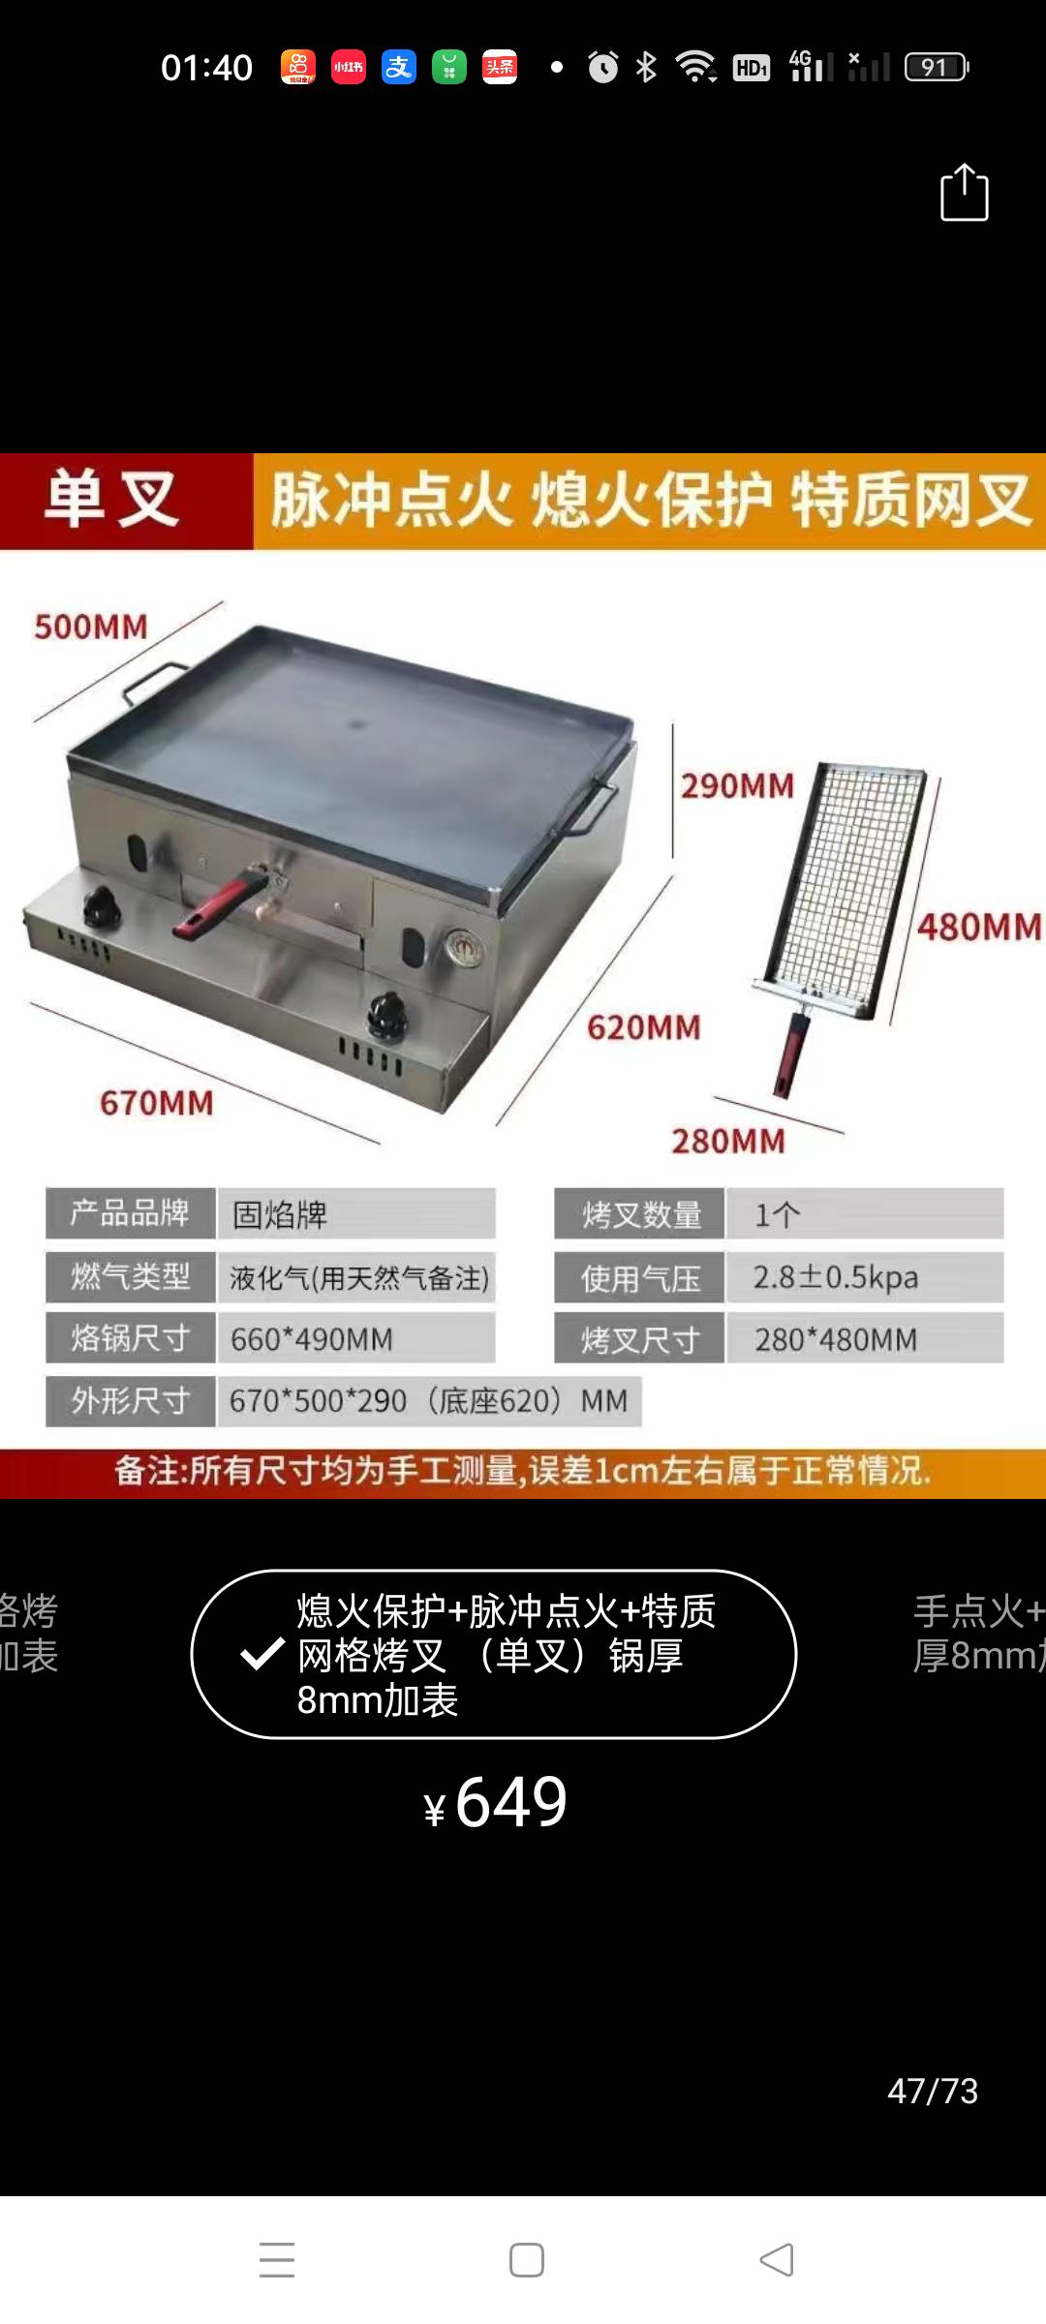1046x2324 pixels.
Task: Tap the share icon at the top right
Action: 965,193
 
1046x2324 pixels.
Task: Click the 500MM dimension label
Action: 91,627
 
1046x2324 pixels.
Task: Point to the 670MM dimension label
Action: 157,1102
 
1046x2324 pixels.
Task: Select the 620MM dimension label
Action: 644,1027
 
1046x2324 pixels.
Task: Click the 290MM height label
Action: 737,785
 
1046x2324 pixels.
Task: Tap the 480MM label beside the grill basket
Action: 979,927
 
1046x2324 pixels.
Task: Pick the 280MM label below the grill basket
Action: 728,1141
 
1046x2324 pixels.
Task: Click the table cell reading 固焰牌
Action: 356,1213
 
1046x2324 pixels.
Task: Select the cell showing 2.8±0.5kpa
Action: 865,1276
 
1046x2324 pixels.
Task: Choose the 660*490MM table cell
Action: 356,1338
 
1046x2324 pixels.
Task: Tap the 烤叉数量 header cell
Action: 639,1213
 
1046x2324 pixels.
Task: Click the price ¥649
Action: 496,1803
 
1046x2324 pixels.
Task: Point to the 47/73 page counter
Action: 933,2091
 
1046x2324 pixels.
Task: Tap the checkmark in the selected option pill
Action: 262,1654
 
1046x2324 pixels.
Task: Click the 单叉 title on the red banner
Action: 111,500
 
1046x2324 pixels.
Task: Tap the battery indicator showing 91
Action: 937,67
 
